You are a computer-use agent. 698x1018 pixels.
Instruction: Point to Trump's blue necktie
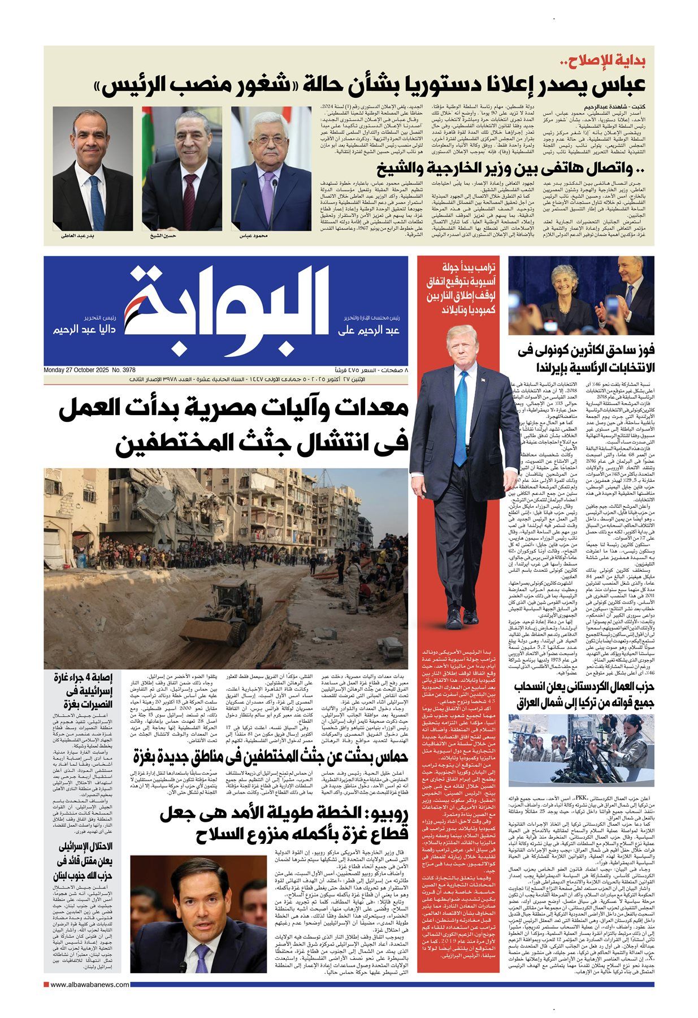pos(463,407)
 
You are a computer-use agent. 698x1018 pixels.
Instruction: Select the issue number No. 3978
pos(128,370)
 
